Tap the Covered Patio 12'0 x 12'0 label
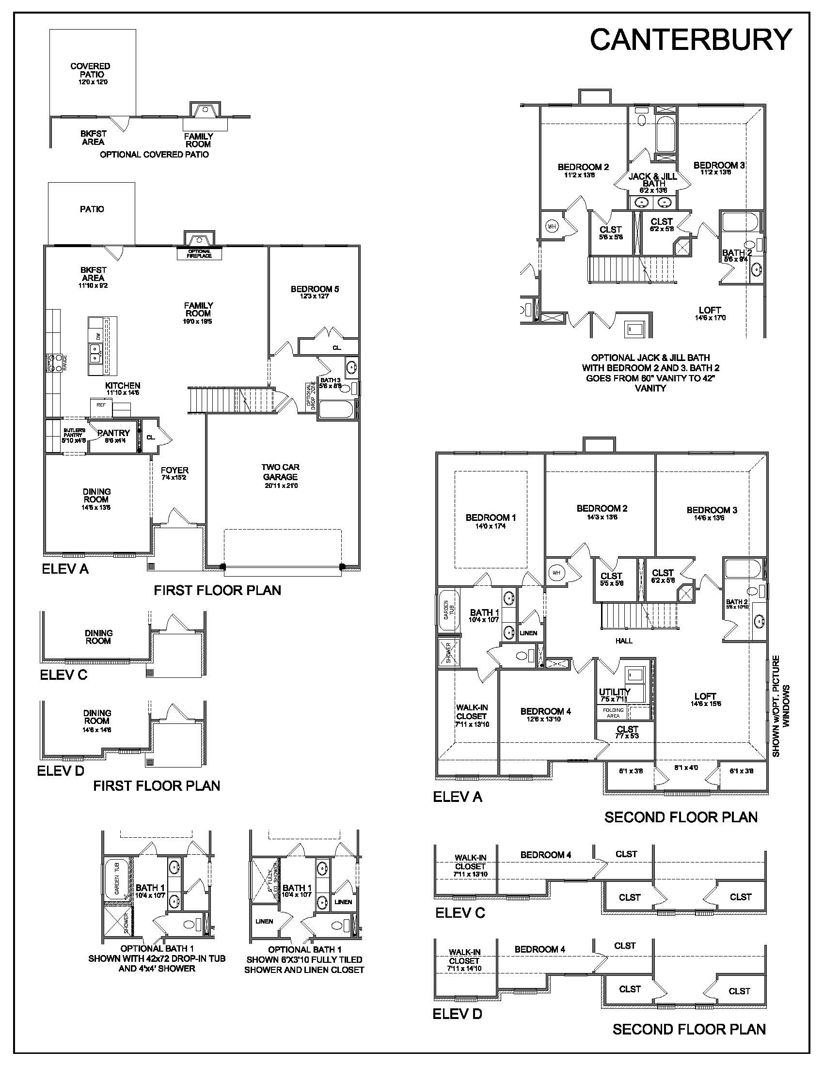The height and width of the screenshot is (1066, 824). (90, 73)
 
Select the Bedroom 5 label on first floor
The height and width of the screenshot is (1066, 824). (315, 292)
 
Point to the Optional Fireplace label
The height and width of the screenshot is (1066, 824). (199, 253)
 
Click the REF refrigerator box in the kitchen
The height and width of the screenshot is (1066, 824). (101, 405)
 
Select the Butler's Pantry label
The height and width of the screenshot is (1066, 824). (74, 435)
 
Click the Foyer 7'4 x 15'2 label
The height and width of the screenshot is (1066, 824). (174, 473)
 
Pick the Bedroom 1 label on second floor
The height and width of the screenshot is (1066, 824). (491, 521)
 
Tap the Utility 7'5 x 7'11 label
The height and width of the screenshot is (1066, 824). (614, 694)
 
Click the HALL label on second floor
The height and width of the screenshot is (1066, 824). (624, 641)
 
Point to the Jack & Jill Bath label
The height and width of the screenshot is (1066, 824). (653, 180)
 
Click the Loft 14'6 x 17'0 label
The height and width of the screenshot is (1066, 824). (710, 313)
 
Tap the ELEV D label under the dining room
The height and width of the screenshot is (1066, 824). (61, 771)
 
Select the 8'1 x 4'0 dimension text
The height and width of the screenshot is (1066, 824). (686, 768)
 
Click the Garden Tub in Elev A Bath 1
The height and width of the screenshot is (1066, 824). (448, 611)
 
